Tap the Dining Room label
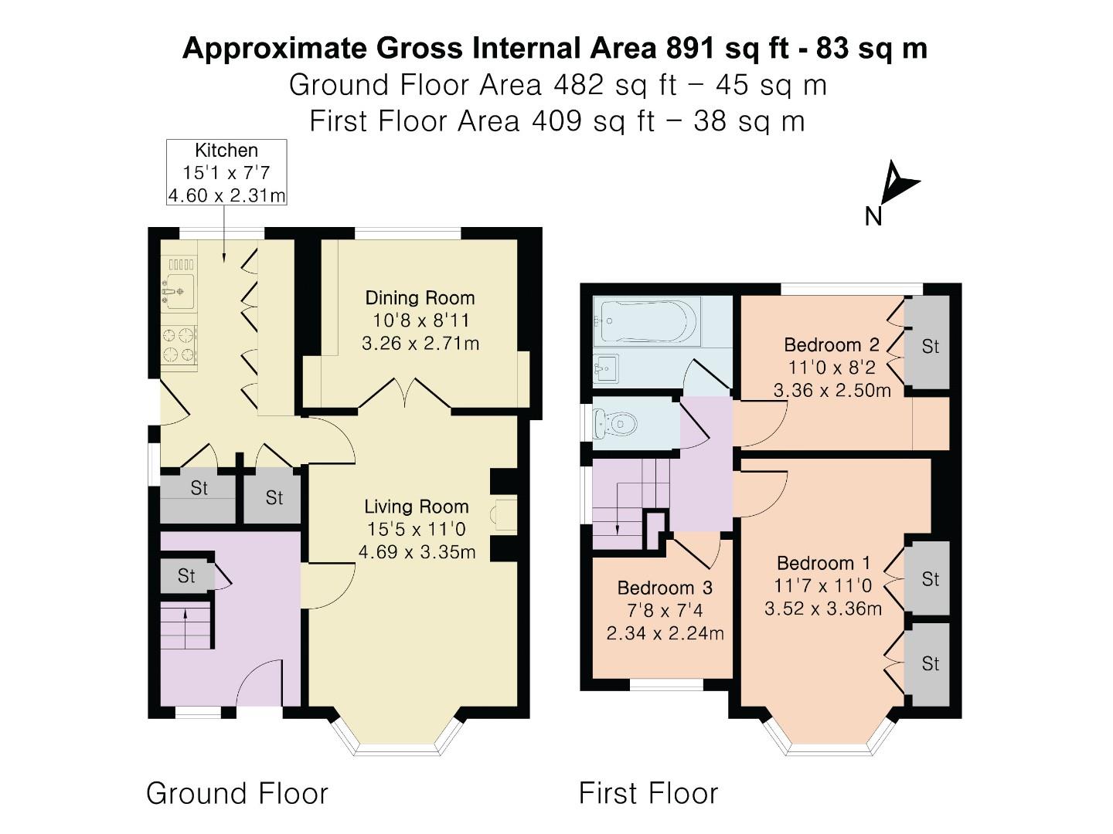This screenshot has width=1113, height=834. click(x=420, y=298)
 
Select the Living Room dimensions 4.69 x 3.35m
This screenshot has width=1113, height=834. click(x=417, y=551)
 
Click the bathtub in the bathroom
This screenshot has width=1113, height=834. click(x=648, y=321)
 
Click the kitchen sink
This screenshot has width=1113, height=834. click(x=178, y=292)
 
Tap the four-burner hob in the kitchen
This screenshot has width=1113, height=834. click(x=179, y=344)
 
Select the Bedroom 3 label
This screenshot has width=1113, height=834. click(x=665, y=588)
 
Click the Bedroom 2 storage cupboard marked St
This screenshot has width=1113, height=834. click(x=930, y=347)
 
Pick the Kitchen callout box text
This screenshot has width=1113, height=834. click(x=226, y=172)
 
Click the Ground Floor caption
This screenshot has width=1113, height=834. click(x=237, y=793)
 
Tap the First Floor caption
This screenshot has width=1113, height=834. click(x=648, y=793)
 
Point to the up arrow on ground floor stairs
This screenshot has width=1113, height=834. click(x=185, y=613)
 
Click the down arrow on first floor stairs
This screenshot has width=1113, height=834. click(x=618, y=528)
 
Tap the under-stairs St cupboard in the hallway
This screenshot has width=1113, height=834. click(x=186, y=576)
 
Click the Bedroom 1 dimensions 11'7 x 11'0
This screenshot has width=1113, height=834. click(x=823, y=585)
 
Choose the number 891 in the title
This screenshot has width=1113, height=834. click(x=690, y=48)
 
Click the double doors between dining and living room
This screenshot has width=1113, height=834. click(x=405, y=394)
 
